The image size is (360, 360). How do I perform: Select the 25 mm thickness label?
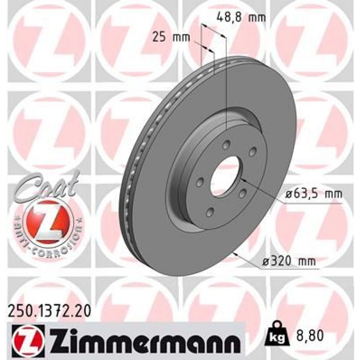(166, 37)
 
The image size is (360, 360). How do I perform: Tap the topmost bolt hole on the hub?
(226, 145)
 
